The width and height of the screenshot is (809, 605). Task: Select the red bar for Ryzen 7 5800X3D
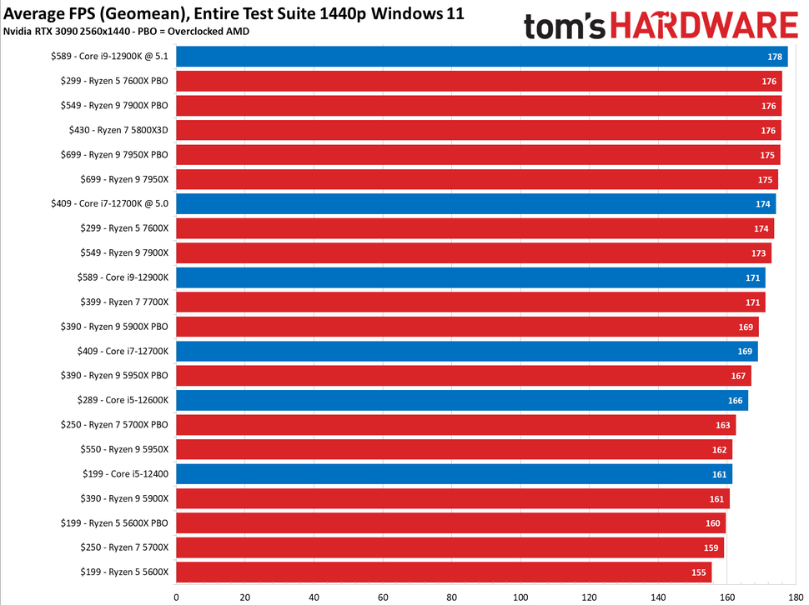478,130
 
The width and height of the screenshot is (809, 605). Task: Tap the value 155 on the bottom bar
699,572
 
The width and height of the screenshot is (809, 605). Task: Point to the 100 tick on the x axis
520,597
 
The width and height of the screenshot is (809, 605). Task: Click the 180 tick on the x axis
796,597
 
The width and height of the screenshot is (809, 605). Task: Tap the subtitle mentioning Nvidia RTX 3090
125,32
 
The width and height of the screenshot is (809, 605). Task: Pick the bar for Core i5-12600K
461,400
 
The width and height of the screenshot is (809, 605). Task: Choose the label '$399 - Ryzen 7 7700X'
115,302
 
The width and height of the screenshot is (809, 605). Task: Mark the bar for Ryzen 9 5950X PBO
463,376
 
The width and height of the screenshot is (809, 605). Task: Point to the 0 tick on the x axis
176,597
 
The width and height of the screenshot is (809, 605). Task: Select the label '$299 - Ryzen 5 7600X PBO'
114,81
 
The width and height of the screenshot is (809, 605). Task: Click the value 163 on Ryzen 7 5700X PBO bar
722,425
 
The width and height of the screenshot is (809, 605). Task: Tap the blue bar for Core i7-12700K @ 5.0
475,203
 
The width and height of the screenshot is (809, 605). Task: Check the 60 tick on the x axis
383,597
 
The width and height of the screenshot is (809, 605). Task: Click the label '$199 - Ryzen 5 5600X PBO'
114,523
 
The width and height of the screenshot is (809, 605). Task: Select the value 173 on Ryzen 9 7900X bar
757,252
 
